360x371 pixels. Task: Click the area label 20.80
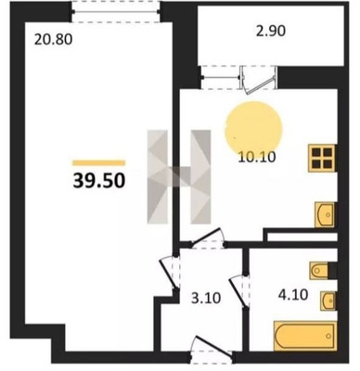point(53,39)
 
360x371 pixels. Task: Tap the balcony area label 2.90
point(271,31)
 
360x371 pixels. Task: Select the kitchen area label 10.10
point(257,157)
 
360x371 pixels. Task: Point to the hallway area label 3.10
point(206,299)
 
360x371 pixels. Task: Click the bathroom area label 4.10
point(293,295)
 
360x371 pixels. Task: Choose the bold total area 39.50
point(99,181)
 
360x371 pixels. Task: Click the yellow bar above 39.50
point(99,162)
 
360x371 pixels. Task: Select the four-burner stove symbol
point(322,159)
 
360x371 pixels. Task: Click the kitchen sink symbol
point(325,214)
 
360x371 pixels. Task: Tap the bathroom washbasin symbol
point(328,301)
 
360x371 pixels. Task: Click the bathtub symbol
point(304,336)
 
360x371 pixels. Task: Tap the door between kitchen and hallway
point(207,238)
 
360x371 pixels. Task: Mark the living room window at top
point(116,12)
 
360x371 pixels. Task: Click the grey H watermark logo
point(179,176)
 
